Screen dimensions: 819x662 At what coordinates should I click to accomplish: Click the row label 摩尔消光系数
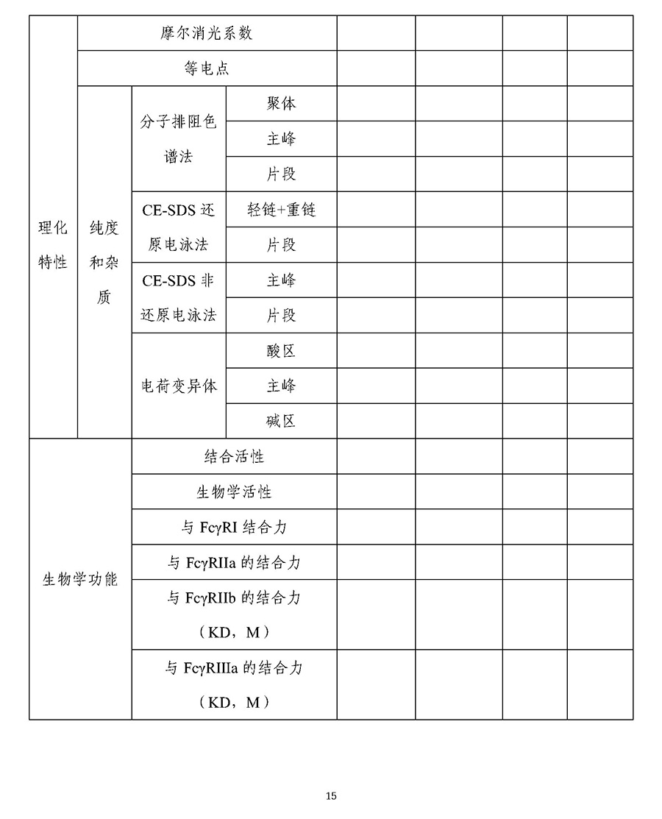click(207, 33)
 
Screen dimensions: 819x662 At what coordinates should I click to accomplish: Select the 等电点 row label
click(207, 68)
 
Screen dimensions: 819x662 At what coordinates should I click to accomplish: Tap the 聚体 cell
click(281, 104)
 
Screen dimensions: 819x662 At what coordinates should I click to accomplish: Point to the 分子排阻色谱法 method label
click(179, 139)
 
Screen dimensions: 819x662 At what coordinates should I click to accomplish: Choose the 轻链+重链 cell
click(281, 210)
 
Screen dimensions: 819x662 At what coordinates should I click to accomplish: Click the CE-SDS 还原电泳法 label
click(179, 227)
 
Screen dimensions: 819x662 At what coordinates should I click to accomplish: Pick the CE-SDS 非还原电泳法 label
click(179, 298)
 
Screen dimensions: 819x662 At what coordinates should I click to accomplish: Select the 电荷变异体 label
click(179, 386)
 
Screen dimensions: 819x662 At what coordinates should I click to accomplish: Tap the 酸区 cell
click(281, 351)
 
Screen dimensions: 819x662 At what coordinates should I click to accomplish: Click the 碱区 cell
click(281, 422)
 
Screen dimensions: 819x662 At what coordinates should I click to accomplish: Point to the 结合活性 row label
click(234, 457)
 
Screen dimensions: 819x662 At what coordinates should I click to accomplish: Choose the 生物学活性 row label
click(234, 492)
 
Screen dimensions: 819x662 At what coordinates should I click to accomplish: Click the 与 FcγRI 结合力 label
click(234, 528)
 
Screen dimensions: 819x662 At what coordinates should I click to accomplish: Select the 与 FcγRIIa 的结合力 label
click(234, 563)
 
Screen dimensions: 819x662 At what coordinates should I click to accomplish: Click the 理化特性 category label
click(53, 245)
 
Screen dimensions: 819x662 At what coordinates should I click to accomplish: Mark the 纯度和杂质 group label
click(104, 263)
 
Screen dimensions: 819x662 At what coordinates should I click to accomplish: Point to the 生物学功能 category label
click(80, 579)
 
